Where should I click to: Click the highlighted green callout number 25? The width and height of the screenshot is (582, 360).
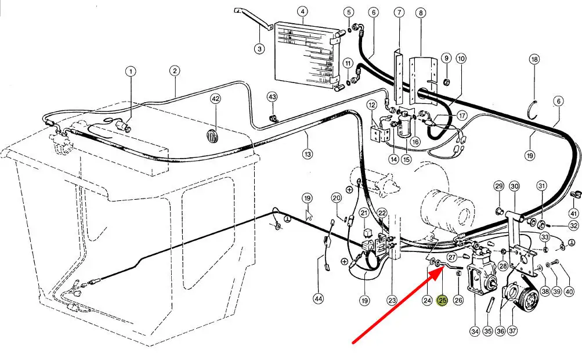coord(443,300)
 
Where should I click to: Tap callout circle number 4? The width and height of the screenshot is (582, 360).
coord(302,12)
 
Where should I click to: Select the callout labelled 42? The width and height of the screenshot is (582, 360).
coord(216,99)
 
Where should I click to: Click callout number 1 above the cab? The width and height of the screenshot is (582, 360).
coord(131,71)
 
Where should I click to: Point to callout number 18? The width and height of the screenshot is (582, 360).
coord(534,59)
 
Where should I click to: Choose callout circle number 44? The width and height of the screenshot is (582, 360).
coord(318,298)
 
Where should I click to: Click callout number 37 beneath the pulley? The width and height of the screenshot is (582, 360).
coord(512,331)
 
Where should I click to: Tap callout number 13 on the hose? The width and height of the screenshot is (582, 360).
coord(307,154)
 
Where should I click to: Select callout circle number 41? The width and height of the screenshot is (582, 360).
coord(574,213)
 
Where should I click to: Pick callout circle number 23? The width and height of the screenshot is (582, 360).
coord(392,300)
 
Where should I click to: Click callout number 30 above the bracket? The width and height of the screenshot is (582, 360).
coord(514,186)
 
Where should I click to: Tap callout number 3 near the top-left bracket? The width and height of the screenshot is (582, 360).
coord(259,49)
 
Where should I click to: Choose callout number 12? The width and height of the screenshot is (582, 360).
coord(372,105)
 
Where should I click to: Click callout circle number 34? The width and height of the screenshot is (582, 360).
coord(475,331)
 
